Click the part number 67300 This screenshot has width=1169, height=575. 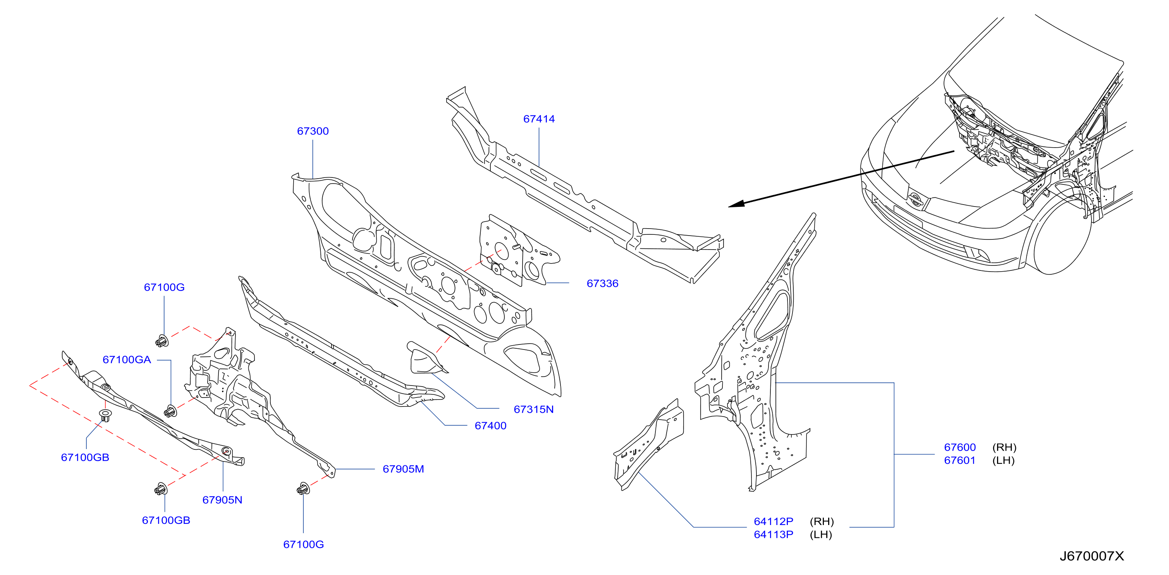click(313, 131)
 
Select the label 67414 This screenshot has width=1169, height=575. click(539, 119)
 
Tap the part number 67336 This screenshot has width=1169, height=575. click(602, 284)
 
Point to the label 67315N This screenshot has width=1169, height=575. click(533, 409)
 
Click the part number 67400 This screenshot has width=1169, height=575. click(490, 426)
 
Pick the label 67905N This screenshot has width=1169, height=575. click(222, 500)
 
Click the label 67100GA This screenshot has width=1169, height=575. click(127, 360)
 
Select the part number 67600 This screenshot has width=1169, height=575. click(959, 447)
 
